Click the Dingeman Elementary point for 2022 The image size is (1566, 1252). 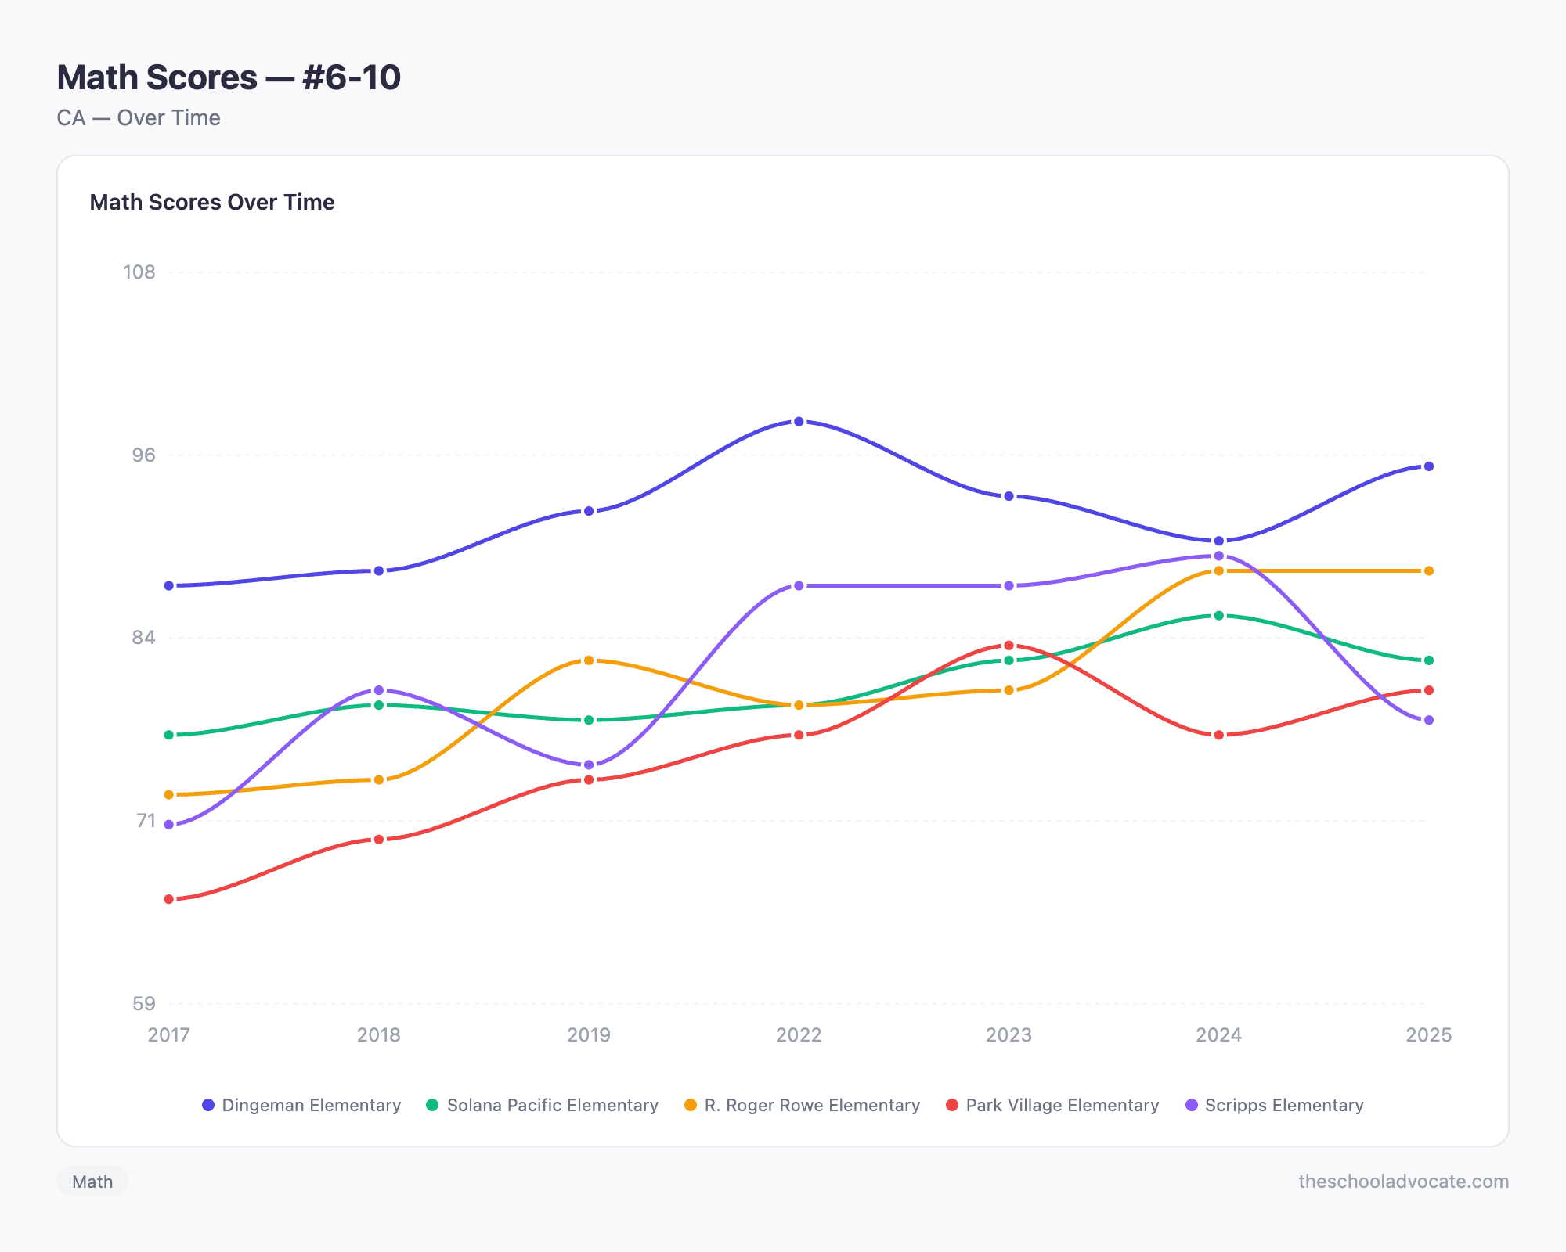pos(799,422)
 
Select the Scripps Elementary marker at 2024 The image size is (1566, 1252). pos(1218,556)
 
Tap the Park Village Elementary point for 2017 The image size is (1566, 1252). pos(169,899)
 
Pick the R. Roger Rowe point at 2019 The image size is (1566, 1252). pos(589,660)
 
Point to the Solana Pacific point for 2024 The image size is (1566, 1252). pos(1218,616)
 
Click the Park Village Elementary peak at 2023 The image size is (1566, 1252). pos(1009,646)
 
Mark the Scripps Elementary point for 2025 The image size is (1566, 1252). pos(1428,720)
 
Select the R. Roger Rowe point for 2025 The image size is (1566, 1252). pos(1428,571)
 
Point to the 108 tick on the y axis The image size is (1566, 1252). pos(139,272)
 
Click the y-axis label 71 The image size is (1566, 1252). pos(146,821)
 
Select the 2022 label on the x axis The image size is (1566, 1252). pos(799,1034)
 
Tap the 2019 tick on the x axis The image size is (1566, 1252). pos(589,1034)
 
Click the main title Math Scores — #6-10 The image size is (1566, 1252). pos(229,77)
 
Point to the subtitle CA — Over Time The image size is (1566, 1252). pos(139,118)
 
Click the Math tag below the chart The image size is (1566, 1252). pos(92,1182)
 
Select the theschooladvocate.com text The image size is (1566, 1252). pos(1403,1182)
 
